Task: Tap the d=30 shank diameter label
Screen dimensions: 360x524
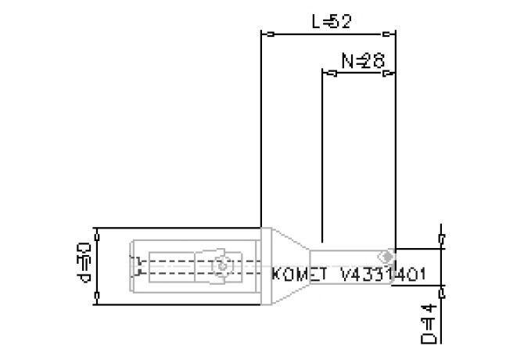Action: coord(84,265)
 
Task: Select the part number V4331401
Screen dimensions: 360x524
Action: coord(382,275)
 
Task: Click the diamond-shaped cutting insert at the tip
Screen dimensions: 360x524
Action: coord(385,256)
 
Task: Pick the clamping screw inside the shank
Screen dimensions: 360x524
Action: coord(223,266)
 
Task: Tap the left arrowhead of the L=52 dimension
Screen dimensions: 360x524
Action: coord(265,34)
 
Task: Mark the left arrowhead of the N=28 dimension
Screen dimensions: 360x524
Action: coord(328,73)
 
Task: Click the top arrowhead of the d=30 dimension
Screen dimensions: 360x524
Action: coord(96,233)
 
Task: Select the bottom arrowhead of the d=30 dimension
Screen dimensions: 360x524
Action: coord(96,298)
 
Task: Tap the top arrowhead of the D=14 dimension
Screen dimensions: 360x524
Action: coord(443,238)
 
